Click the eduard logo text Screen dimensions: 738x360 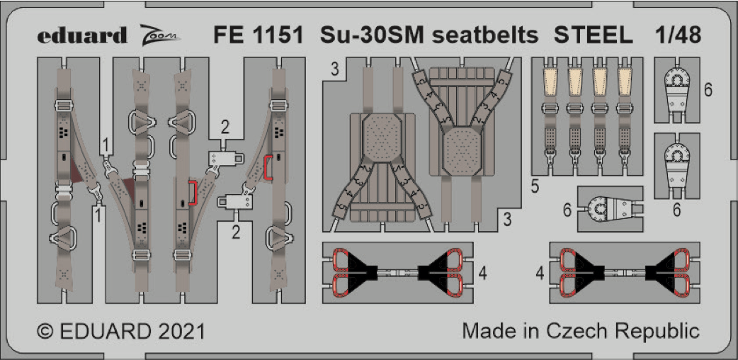coord(82,35)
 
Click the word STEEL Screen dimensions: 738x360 coord(593,35)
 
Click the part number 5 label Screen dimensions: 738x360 coord(534,187)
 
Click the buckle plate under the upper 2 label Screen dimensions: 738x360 coord(226,158)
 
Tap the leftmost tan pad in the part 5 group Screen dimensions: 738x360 coord(550,82)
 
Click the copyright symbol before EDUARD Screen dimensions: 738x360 coord(45,331)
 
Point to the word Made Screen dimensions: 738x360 coord(486,330)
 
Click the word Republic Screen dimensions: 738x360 coord(658,331)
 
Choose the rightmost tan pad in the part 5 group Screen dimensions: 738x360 coord(625,82)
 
